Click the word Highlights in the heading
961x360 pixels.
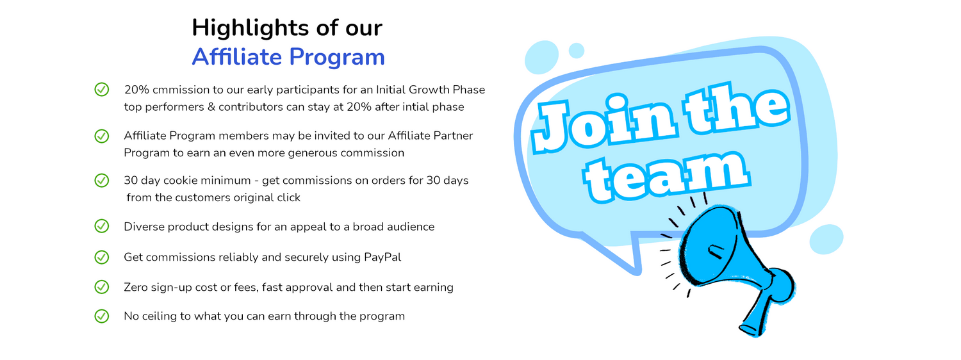pyautogui.click(x=250, y=29)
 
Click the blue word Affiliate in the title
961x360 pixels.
pyautogui.click(x=236, y=56)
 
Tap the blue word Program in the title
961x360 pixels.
pyautogui.click(x=337, y=58)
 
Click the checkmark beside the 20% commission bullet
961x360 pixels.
pyautogui.click(x=102, y=89)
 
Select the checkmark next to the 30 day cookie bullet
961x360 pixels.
pyautogui.click(x=102, y=180)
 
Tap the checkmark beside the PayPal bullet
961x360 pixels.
pyautogui.click(x=102, y=257)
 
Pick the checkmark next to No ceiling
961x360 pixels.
pyautogui.click(x=102, y=316)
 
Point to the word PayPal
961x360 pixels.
pyautogui.click(x=382, y=258)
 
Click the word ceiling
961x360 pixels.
pyautogui.click(x=159, y=316)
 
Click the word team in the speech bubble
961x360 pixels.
pyautogui.click(x=666, y=177)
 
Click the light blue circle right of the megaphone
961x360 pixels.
pyautogui.click(x=826, y=239)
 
